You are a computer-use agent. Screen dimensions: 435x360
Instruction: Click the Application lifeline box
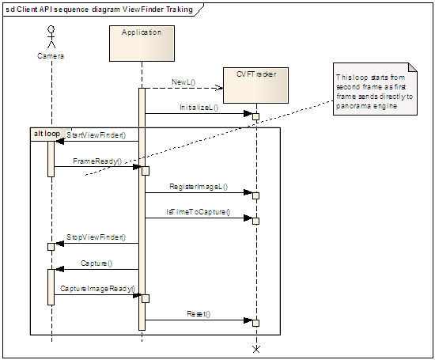pos(142,44)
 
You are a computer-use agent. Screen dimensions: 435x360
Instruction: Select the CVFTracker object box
pos(255,85)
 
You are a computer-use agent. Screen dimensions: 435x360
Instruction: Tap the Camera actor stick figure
pos(51,37)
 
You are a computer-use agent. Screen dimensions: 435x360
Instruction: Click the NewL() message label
pos(183,82)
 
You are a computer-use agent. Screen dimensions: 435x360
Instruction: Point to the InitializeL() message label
pos(199,108)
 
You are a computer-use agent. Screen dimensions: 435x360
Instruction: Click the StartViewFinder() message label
pos(96,135)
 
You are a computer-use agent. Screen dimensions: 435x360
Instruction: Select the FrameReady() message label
pos(97,161)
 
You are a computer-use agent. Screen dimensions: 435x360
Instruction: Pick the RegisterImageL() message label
pos(199,187)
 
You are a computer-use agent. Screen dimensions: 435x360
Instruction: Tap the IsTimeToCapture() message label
pos(198,212)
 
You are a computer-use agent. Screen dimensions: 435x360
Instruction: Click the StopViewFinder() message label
pos(96,237)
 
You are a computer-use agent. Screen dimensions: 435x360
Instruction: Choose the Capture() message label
pos(96,263)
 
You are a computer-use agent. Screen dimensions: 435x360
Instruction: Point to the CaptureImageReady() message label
pos(97,289)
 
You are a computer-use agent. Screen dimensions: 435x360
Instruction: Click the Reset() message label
pos(199,314)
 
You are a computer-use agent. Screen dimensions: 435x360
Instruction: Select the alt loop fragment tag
pos(47,134)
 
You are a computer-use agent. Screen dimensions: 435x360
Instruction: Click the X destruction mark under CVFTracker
pos(256,349)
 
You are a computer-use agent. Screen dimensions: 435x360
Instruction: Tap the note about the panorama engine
pos(375,89)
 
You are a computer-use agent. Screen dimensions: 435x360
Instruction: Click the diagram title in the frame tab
pos(100,9)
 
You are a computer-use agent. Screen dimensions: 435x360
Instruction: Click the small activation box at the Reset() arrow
pos(255,323)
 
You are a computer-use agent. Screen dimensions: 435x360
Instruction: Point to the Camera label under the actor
pos(51,56)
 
